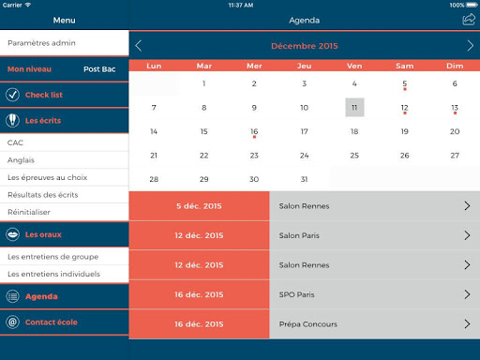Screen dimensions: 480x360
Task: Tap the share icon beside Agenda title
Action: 469,20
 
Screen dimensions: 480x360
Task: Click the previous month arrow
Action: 139,46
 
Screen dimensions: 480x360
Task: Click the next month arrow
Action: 470,46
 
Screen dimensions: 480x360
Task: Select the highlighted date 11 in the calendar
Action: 354,108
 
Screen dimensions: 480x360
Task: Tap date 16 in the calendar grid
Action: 254,131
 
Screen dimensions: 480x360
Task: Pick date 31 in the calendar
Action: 304,179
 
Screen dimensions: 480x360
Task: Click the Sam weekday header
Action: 404,66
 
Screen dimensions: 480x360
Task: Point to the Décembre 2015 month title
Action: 305,46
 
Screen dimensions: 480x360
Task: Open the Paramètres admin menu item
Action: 41,43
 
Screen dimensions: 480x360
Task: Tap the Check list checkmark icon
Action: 12,95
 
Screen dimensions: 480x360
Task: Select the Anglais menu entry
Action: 21,160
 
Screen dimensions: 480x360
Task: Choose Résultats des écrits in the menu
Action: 43,195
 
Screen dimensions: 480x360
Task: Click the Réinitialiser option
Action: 29,212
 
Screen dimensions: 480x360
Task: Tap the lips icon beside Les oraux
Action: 12,234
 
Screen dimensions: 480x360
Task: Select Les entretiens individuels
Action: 53,274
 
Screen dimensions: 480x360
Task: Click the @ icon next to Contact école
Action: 12,322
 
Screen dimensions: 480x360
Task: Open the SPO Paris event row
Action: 374,294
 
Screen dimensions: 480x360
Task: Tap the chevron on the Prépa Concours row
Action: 467,323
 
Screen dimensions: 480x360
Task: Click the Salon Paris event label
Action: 299,235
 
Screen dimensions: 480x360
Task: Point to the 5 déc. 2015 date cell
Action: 199,206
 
